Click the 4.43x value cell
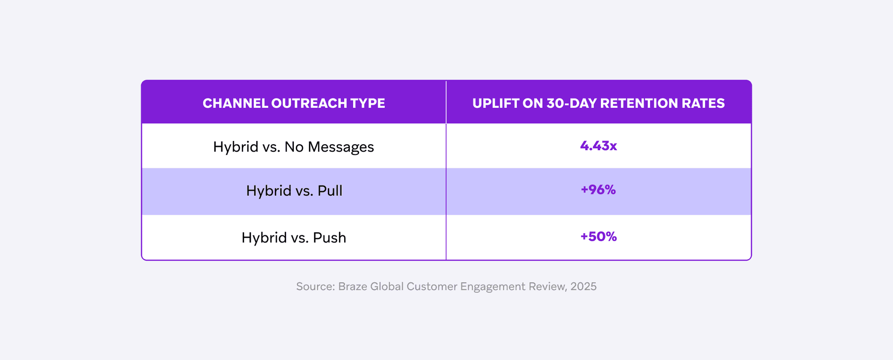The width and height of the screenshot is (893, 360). click(x=598, y=146)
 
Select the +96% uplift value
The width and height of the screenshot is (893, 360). click(x=598, y=190)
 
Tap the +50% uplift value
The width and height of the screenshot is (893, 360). click(x=598, y=237)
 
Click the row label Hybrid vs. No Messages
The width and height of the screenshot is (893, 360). click(x=293, y=147)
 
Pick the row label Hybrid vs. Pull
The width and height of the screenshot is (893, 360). click(x=294, y=191)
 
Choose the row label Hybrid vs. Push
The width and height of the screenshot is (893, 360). click(x=293, y=238)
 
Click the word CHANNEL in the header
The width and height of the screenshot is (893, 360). click(x=235, y=103)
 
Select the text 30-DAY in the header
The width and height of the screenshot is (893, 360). click(x=572, y=103)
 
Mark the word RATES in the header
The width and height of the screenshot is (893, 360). click(x=703, y=103)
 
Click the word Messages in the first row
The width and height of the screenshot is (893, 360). click(x=340, y=147)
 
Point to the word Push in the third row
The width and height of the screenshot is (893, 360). click(x=329, y=238)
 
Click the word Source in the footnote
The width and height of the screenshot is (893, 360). click(x=315, y=287)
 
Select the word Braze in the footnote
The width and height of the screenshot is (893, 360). click(x=352, y=287)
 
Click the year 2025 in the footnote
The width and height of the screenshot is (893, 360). click(x=583, y=287)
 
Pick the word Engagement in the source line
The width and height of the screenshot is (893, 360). click(x=493, y=287)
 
